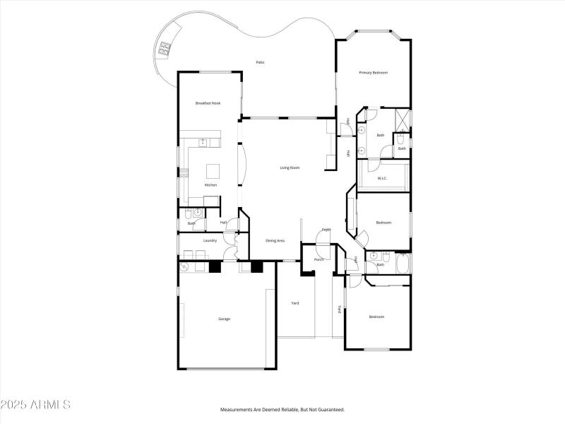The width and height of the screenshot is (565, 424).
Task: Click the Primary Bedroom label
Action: point(373,73)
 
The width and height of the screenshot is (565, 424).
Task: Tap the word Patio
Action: point(260,63)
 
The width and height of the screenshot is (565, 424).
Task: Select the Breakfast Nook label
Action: point(208,103)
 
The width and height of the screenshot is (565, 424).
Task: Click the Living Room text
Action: point(290,167)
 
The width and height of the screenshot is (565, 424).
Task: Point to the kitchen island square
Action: point(213,170)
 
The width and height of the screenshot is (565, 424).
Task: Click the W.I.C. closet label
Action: point(382,178)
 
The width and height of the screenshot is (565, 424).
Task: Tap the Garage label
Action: point(224,319)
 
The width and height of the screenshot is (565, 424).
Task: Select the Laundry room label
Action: point(210,240)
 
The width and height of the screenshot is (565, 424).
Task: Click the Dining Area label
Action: point(275,241)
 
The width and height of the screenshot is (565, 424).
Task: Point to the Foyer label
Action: point(326,230)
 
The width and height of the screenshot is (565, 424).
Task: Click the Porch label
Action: point(309,259)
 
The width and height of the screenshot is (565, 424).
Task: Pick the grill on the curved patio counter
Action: point(165,49)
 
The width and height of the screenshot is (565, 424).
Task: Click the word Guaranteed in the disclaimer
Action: point(327,410)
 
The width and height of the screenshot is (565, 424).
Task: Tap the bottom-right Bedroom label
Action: point(376,317)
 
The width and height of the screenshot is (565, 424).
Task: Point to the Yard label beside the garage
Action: point(295,303)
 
